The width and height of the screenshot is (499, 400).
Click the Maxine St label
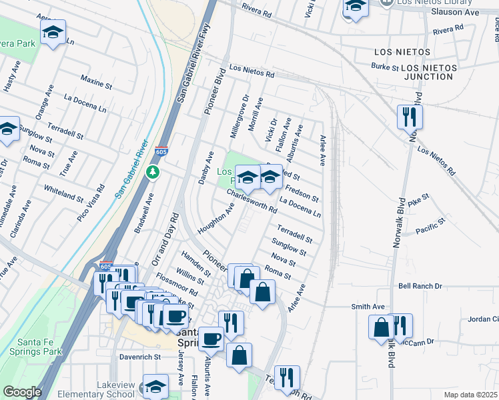point(95,83)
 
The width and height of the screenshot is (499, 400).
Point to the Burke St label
point(385,67)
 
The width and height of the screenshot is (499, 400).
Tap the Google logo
point(22,392)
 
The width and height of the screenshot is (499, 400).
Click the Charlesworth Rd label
point(252,200)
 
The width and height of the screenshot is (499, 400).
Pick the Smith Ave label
point(368,307)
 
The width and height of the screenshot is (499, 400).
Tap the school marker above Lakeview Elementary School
point(156,387)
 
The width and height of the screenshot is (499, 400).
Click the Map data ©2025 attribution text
point(470,395)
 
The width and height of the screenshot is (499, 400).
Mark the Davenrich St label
point(140,357)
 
